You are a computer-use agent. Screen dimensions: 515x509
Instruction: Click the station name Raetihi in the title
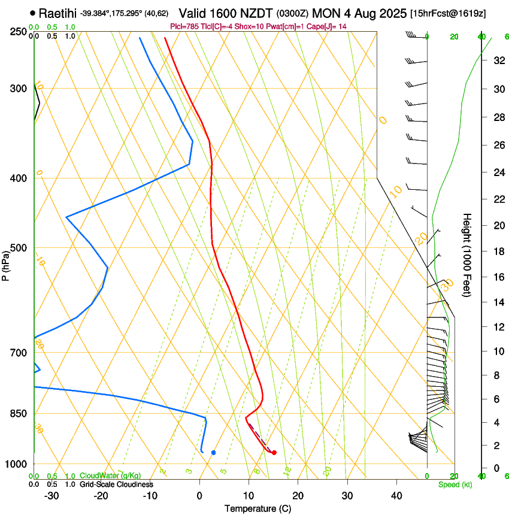(x=58, y=13)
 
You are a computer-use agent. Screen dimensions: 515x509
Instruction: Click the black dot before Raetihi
(x=32, y=13)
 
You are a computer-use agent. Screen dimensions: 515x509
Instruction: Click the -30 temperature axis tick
(x=52, y=495)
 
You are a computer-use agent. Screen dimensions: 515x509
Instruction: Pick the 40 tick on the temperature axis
(x=396, y=495)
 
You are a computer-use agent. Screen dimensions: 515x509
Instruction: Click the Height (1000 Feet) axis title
(x=467, y=255)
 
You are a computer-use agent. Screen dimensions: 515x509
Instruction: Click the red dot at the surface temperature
(x=274, y=453)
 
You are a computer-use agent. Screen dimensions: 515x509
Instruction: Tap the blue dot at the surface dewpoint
(x=214, y=452)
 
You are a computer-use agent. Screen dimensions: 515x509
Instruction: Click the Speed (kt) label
(x=455, y=484)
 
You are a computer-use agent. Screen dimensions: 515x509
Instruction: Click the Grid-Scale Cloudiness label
(x=116, y=484)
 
